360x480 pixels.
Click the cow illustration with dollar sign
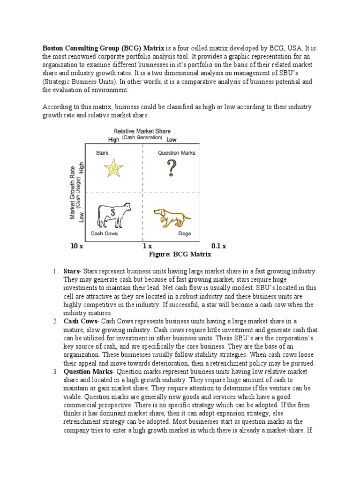pyautogui.click(x=113, y=215)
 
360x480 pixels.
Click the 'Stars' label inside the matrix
pyautogui.click(x=102, y=152)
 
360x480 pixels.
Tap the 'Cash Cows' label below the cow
pyautogui.click(x=104, y=233)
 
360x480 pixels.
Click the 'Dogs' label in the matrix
pyautogui.click(x=184, y=233)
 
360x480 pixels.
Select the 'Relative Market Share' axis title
pyautogui.click(x=142, y=131)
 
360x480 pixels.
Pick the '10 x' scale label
pyautogui.click(x=76, y=246)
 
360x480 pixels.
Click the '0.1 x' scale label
pyautogui.click(x=218, y=246)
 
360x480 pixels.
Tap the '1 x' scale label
pyautogui.click(x=147, y=246)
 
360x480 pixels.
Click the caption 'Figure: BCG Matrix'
pyautogui.click(x=180, y=254)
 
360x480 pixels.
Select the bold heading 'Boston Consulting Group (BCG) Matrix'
pyautogui.click(x=104, y=48)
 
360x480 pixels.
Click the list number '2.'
pyautogui.click(x=55, y=321)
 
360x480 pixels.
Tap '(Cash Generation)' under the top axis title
pyautogui.click(x=142, y=138)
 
